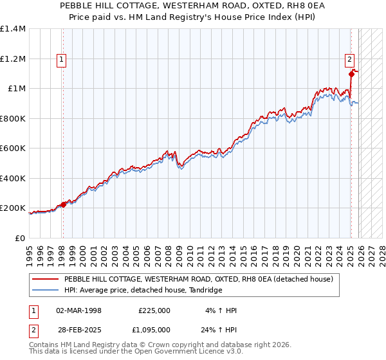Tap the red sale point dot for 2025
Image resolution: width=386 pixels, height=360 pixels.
coord(351,74)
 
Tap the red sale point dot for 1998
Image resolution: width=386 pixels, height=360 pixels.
coord(63,205)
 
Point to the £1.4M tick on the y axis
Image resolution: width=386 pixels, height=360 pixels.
coord(13,29)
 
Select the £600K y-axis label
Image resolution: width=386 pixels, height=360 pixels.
coord(13,148)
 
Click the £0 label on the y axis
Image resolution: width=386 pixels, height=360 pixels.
coord(20,239)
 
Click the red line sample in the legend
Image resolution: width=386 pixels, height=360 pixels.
coord(46,280)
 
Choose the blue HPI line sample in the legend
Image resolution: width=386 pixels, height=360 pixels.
coord(46,291)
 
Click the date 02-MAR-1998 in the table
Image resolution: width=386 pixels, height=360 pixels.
coord(78,310)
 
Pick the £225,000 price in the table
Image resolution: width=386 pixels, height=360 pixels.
coord(154,310)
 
